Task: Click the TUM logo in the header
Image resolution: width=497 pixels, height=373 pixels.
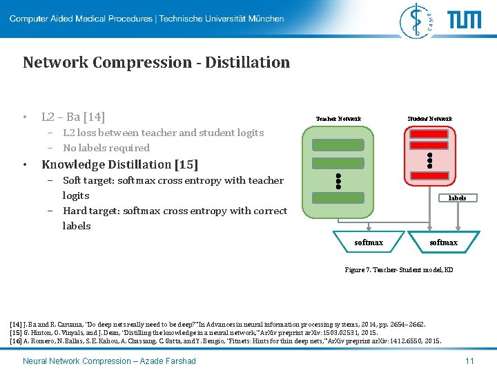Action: coord(464,19)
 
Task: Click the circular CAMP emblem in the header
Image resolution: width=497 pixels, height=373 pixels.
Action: coord(418,19)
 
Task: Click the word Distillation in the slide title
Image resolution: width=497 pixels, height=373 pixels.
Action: coord(247,62)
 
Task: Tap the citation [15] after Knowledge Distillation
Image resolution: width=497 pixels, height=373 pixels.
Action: coord(186,164)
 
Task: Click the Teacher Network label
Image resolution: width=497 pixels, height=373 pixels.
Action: coord(338,119)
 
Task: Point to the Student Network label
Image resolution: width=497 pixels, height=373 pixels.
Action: coord(429,119)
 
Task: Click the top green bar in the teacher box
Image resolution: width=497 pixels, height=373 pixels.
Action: coord(338,145)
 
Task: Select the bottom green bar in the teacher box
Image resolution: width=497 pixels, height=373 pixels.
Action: coord(338,198)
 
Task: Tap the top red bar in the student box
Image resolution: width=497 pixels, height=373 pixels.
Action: coord(429,134)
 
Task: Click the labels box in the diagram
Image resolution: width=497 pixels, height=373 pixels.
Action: coord(457,198)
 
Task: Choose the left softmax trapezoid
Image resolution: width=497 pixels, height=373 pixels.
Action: coord(369,242)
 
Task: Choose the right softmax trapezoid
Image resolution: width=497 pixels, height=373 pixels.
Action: coord(443,242)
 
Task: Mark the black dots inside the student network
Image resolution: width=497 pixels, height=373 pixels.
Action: coord(429,160)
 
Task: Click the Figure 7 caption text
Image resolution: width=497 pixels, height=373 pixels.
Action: coord(399,269)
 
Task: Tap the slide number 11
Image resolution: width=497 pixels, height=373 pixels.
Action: coord(469,361)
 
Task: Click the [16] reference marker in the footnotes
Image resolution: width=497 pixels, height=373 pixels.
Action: coord(16,341)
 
